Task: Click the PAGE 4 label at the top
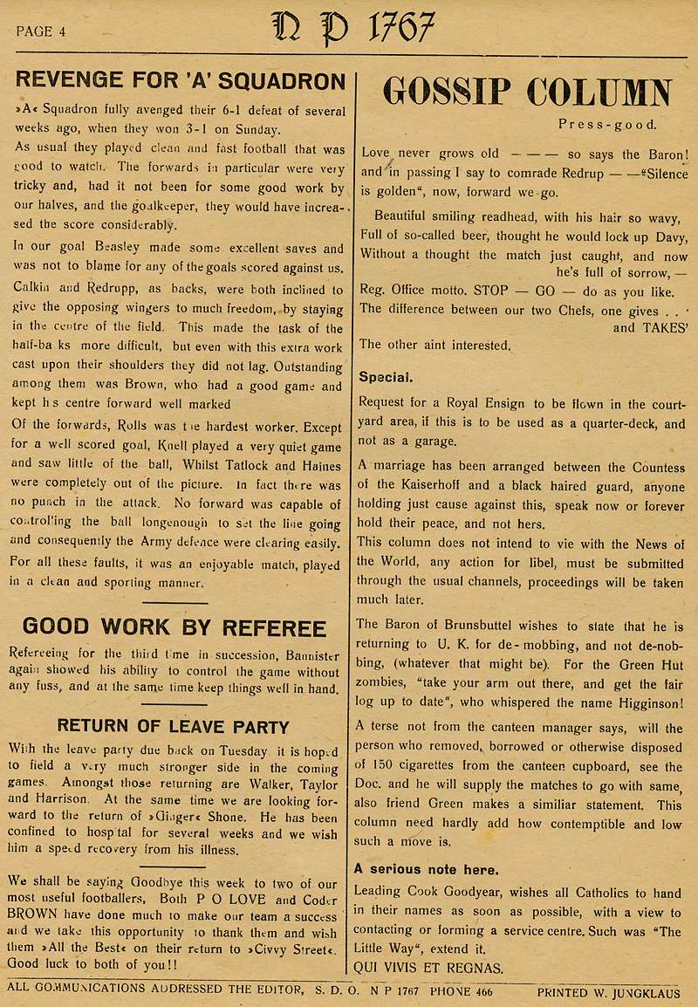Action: point(41,31)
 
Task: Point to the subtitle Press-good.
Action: point(608,124)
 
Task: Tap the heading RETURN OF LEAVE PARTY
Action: point(173,726)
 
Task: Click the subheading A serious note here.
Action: point(426,868)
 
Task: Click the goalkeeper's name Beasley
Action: point(119,248)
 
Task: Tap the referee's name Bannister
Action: point(307,654)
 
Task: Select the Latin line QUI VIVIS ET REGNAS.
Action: point(428,966)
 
